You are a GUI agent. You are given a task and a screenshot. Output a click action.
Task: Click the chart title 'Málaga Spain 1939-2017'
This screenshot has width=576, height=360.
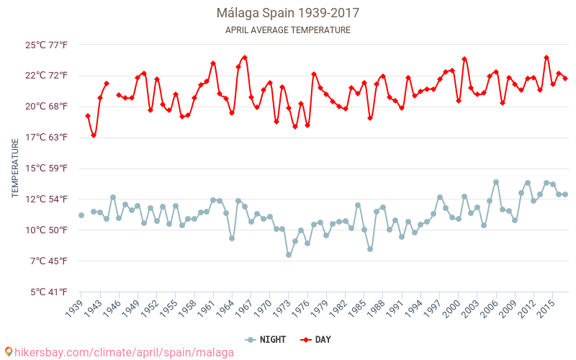[288, 13]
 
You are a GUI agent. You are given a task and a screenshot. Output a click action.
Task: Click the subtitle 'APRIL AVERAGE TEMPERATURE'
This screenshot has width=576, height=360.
[288, 30]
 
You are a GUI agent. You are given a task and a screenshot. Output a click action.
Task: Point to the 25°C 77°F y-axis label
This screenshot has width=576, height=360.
[47, 45]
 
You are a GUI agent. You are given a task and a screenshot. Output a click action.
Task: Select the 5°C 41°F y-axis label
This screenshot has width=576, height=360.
[47, 292]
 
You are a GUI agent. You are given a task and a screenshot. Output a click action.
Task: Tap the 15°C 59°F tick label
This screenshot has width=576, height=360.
[47, 168]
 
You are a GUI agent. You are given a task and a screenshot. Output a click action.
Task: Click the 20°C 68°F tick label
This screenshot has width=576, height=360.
[47, 107]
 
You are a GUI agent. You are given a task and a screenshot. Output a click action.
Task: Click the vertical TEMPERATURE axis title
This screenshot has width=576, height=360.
[15, 168]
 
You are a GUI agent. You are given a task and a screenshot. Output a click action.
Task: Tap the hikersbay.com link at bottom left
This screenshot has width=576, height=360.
[120, 352]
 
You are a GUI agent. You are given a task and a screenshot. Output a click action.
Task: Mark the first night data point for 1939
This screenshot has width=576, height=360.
[81, 215]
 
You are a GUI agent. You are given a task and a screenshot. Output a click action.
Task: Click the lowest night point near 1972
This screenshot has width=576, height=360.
[289, 255]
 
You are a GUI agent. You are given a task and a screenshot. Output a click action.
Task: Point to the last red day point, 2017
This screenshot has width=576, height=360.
[565, 78]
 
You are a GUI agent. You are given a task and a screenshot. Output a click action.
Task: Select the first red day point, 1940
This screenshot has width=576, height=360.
[88, 116]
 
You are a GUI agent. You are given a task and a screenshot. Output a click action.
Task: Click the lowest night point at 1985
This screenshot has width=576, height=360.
[370, 249]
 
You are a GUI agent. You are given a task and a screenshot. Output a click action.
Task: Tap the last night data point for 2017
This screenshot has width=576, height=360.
[565, 194]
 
